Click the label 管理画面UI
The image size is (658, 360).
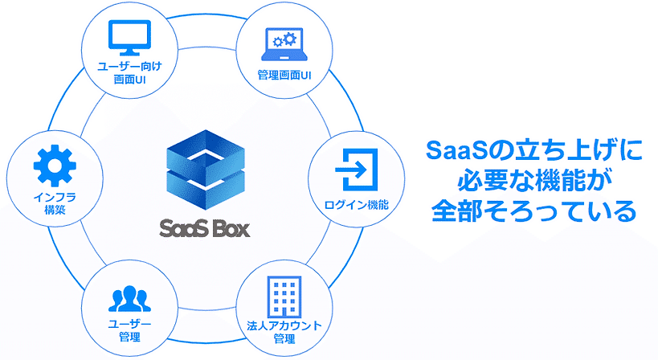284,76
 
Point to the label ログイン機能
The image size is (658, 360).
357,205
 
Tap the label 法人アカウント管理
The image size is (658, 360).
284,332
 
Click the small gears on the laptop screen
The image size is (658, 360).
283,40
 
